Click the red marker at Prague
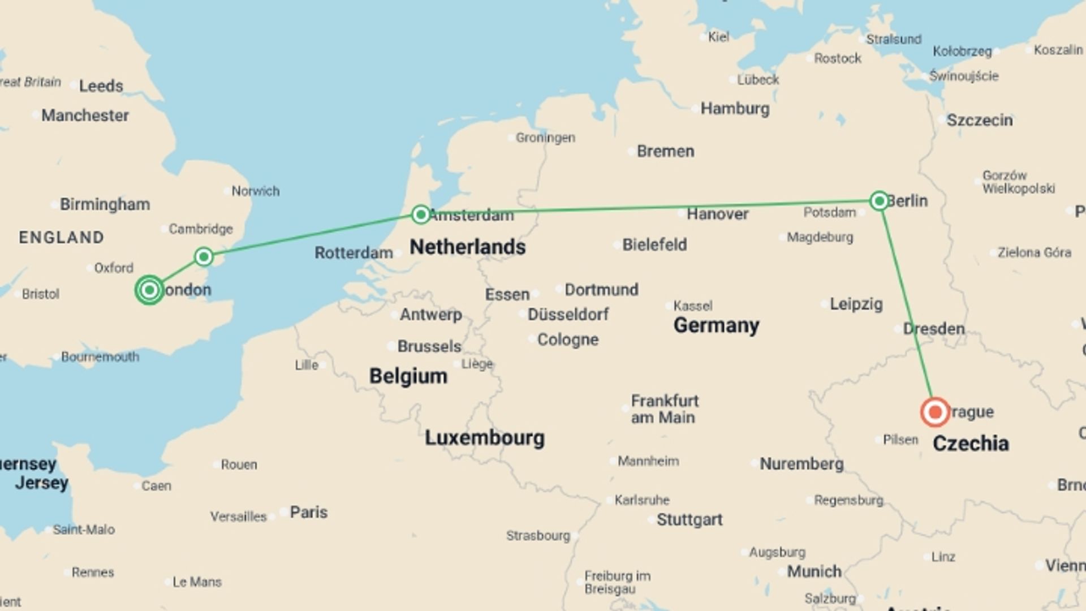(934, 412)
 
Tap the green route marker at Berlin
(879, 201)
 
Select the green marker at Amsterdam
(420, 214)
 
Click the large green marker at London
(149, 290)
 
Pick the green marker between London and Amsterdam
(204, 257)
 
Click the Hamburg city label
(735, 109)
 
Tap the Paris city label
(308, 512)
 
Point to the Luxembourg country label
(485, 438)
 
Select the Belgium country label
(408, 376)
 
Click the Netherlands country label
(467, 247)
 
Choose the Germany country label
(716, 325)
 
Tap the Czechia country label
(971, 444)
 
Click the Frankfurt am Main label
(664, 409)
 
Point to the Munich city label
(814, 571)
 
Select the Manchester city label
(85, 115)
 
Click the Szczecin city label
(979, 121)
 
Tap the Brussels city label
(429, 346)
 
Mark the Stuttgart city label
(689, 519)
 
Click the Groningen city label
(545, 137)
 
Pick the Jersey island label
(41, 483)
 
